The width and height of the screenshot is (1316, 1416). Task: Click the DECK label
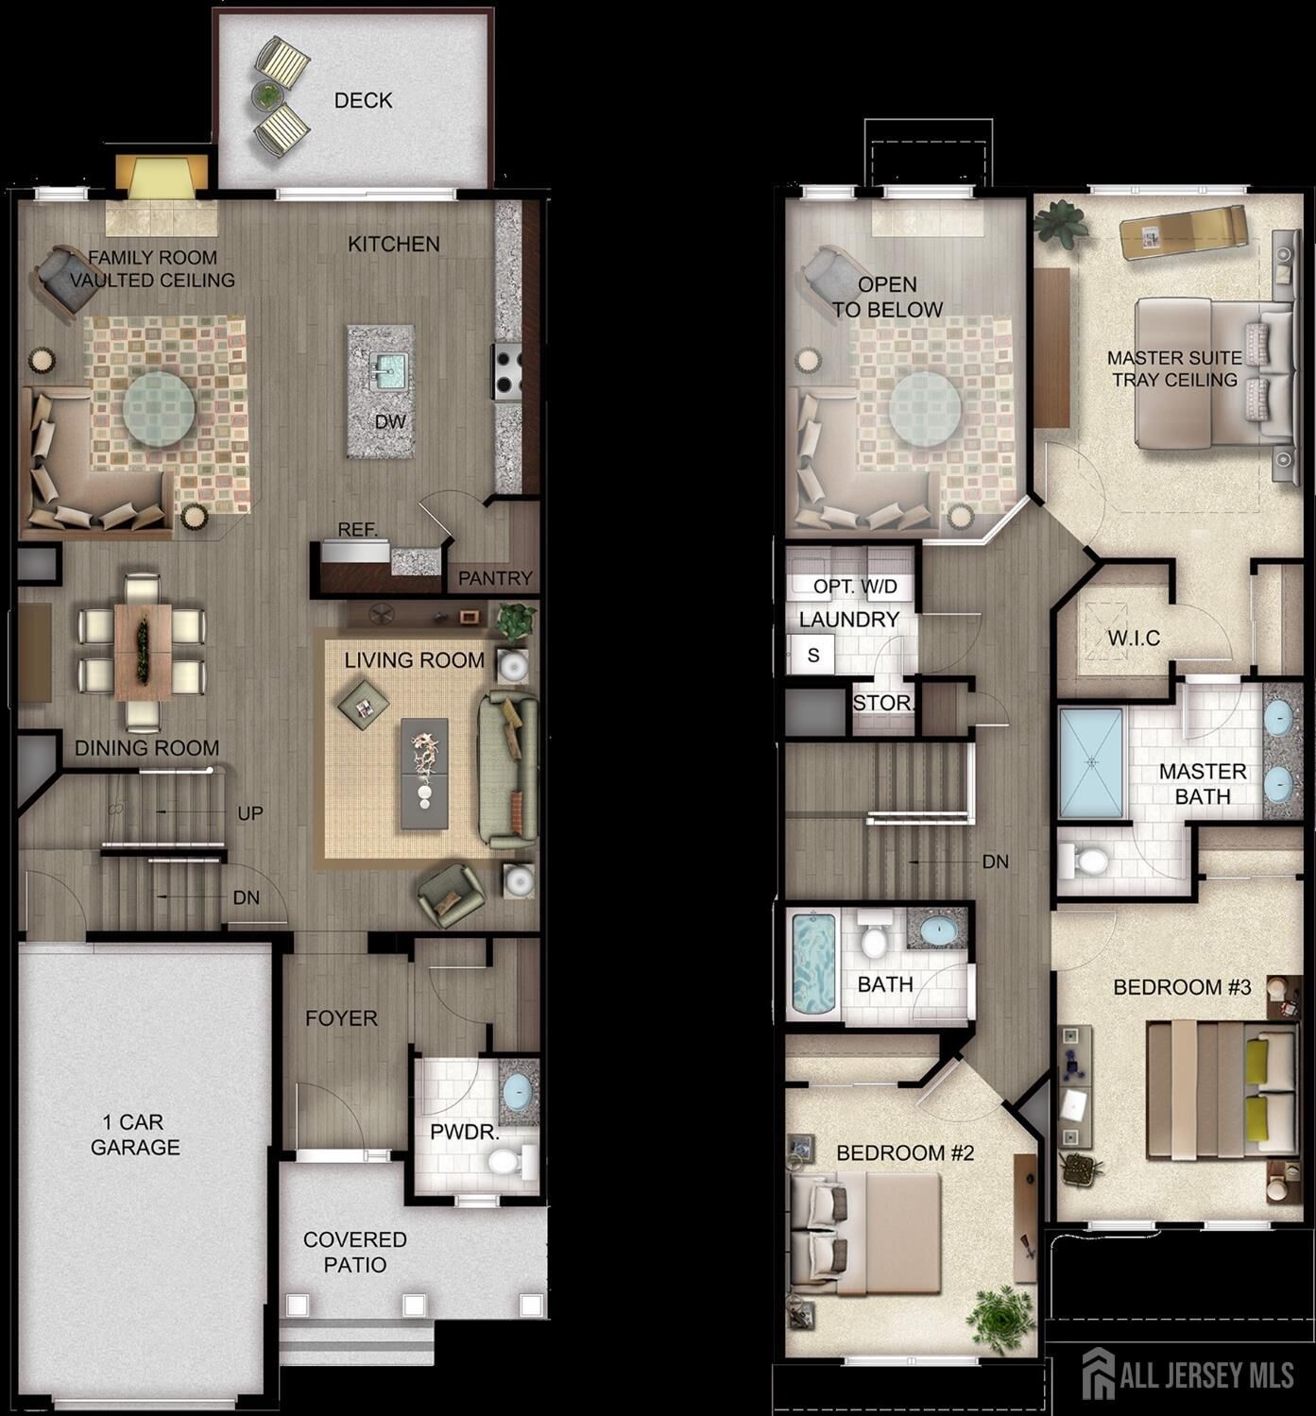pyautogui.click(x=363, y=100)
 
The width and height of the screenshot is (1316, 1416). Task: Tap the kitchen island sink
pyautogui.click(x=387, y=369)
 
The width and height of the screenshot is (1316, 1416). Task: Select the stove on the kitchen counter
pyautogui.click(x=506, y=371)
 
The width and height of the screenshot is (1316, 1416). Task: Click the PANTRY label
pyautogui.click(x=495, y=578)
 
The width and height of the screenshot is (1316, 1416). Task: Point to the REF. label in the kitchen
pyautogui.click(x=357, y=530)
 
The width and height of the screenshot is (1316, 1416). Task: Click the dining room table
pyautogui.click(x=143, y=652)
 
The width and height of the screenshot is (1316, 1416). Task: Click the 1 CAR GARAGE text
pyautogui.click(x=135, y=1135)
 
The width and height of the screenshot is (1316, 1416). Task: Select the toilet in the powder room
pyautogui.click(x=510, y=1159)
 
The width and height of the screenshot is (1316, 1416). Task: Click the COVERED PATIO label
pyautogui.click(x=355, y=1252)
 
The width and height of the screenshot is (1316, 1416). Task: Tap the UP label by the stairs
pyautogui.click(x=249, y=813)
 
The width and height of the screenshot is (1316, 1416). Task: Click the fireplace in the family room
pyautogui.click(x=161, y=179)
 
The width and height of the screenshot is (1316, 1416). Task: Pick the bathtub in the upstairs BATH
pyautogui.click(x=813, y=963)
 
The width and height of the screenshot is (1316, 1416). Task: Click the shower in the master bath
pyautogui.click(x=1091, y=762)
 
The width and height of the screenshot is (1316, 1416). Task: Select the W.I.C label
pyautogui.click(x=1134, y=639)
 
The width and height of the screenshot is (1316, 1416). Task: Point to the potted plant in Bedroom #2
pyautogui.click(x=1000, y=1318)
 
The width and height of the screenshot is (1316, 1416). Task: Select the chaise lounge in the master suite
pyautogui.click(x=1182, y=231)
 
